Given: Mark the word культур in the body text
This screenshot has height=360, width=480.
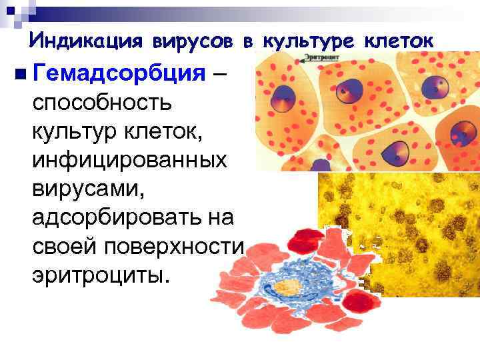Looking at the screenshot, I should [x=71, y=131].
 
